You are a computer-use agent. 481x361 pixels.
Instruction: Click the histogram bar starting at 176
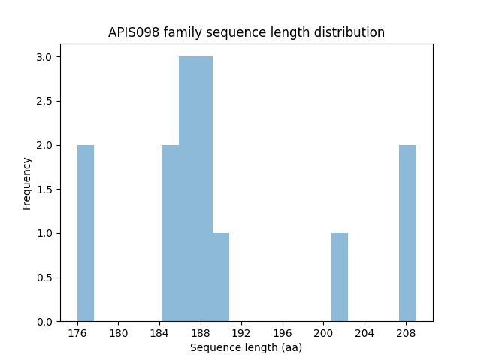tap(86, 233)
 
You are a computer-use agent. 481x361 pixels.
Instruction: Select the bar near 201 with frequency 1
tap(340, 278)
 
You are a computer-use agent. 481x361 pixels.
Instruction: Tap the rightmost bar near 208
tap(407, 233)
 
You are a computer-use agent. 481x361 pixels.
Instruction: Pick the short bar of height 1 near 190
tap(221, 278)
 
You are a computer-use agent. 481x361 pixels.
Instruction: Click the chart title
tap(247, 32)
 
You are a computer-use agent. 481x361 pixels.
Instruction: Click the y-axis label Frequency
tap(27, 183)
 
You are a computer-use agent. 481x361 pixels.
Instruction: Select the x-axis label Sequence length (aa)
tap(247, 347)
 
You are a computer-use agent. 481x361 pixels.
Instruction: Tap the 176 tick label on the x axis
tap(77, 332)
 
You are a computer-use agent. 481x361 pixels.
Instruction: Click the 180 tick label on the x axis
tap(119, 332)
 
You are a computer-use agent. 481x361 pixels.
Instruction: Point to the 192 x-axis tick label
tap(241, 332)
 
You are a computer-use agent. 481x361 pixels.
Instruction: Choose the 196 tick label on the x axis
tap(283, 332)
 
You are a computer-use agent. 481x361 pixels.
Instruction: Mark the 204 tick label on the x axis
tap(365, 332)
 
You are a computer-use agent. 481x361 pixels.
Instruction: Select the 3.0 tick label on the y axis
tap(45, 57)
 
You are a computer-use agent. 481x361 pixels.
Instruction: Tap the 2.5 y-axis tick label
tap(45, 101)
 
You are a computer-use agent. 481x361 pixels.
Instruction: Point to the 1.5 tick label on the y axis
tap(45, 189)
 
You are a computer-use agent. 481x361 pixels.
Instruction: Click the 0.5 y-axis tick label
tap(45, 278)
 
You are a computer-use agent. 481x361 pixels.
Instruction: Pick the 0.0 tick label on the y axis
tap(45, 321)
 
